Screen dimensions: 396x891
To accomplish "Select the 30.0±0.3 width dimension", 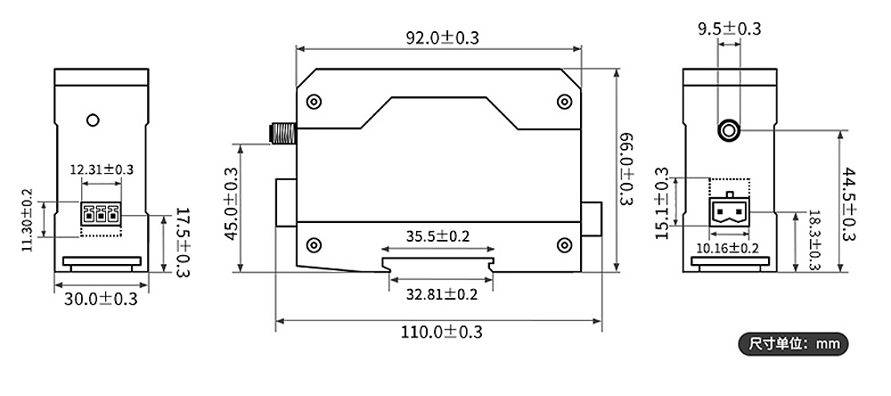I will pyautogui.click(x=101, y=299).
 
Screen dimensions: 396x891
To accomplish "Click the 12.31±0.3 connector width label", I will pyautogui.click(x=101, y=169).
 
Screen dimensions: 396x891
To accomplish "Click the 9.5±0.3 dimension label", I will pyautogui.click(x=729, y=29).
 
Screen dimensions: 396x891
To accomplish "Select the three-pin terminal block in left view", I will pyautogui.click(x=101, y=214).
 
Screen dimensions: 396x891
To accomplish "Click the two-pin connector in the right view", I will pyautogui.click(x=729, y=211).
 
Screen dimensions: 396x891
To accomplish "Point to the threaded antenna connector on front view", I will pyautogui.click(x=282, y=134).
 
